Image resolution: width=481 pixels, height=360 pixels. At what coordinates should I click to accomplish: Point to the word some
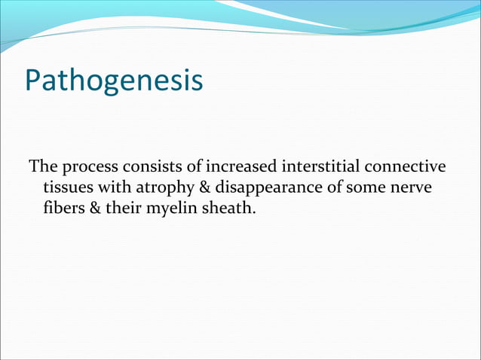point(366,186)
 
